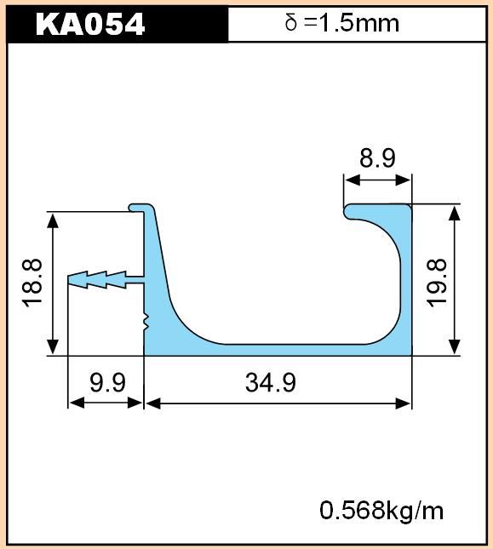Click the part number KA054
coord(90,24)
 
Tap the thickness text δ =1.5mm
coord(342,23)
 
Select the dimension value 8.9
coord(377,158)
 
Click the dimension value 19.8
coord(437,283)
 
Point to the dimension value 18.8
coord(32,283)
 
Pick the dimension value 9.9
coord(107,382)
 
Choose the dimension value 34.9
coord(270,382)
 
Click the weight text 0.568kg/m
coord(381,511)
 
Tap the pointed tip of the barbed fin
coord(69,280)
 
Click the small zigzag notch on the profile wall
coord(146,322)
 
